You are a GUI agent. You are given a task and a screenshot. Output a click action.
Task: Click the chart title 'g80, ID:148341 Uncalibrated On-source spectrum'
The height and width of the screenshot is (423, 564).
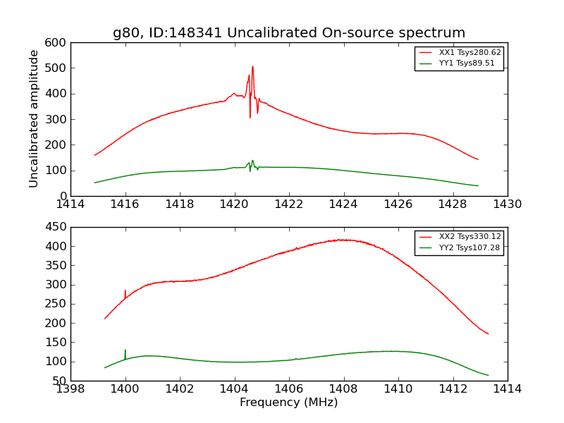pyautogui.click(x=289, y=33)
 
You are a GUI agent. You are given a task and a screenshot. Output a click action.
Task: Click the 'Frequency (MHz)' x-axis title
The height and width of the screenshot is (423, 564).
pyautogui.click(x=289, y=403)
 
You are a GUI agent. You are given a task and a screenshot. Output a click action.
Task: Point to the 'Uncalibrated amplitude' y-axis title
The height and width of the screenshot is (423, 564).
pyautogui.click(x=34, y=119)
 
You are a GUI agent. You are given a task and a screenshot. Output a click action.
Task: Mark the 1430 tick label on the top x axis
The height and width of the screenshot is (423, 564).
pyautogui.click(x=507, y=204)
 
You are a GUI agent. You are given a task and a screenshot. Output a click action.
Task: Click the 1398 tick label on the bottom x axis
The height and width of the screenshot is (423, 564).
pyautogui.click(x=71, y=388)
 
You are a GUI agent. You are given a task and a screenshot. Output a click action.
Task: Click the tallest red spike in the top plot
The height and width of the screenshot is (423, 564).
pyautogui.click(x=252, y=68)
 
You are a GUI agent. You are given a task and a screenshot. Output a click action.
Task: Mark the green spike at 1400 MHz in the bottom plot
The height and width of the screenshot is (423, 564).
pyautogui.click(x=125, y=351)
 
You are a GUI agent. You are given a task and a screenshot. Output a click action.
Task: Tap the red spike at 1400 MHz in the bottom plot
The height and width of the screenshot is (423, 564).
pyautogui.click(x=125, y=291)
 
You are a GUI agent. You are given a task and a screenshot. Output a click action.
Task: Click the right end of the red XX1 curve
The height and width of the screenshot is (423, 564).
pyautogui.click(x=478, y=159)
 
